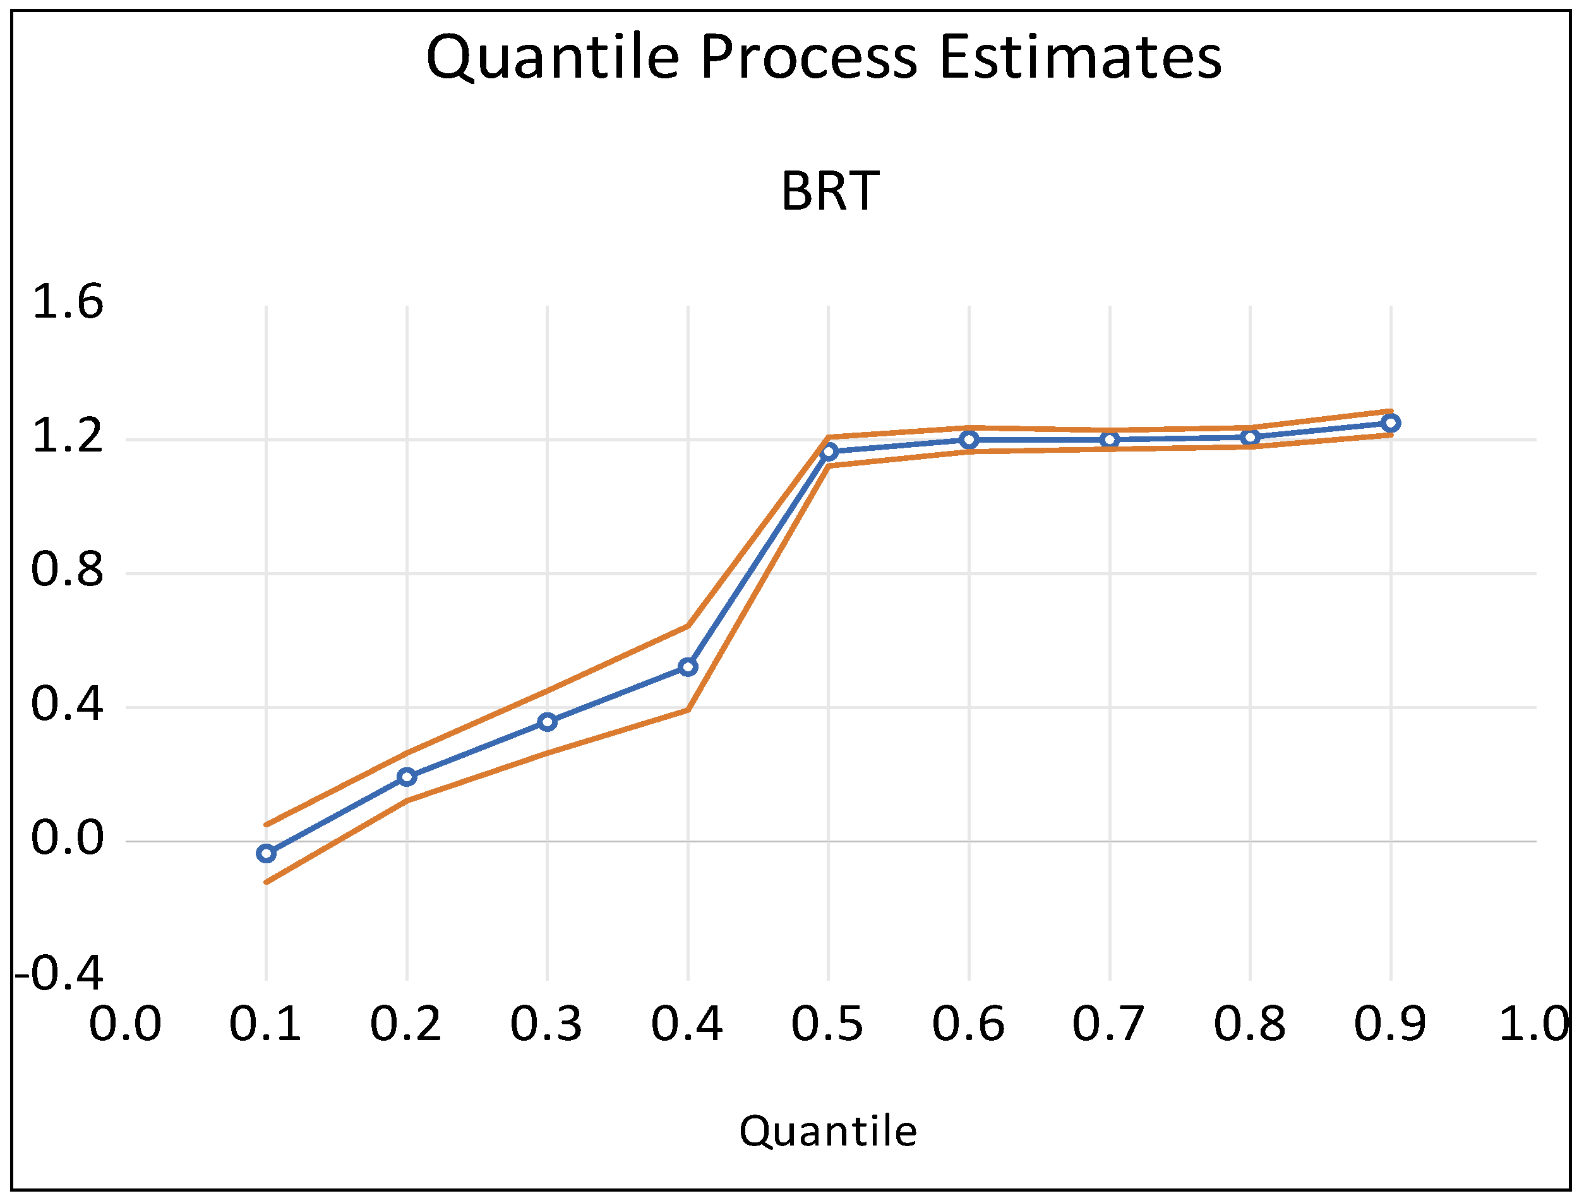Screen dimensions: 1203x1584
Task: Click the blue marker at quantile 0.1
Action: tap(267, 853)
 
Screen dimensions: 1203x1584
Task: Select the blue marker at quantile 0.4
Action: tap(688, 667)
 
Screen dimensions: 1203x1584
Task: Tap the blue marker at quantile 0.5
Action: tap(829, 452)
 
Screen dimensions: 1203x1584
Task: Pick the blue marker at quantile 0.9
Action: tap(1391, 423)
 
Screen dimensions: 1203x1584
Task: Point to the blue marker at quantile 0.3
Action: tap(548, 722)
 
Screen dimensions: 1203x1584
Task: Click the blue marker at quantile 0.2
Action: tap(407, 777)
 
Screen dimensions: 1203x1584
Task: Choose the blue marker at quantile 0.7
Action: tap(1110, 439)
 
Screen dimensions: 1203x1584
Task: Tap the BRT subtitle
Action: tap(829, 192)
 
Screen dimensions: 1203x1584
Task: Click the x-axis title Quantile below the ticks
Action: tap(828, 1132)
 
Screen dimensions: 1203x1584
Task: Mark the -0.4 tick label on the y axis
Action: tap(59, 974)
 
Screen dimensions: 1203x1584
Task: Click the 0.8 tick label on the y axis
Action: tap(68, 571)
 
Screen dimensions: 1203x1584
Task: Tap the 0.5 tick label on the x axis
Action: tap(828, 1024)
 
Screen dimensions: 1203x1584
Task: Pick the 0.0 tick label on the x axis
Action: tap(125, 1024)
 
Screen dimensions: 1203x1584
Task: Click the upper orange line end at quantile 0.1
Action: tap(267, 825)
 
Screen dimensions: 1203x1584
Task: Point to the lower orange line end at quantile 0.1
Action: tap(267, 882)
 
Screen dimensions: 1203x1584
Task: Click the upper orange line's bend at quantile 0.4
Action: tap(688, 626)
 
